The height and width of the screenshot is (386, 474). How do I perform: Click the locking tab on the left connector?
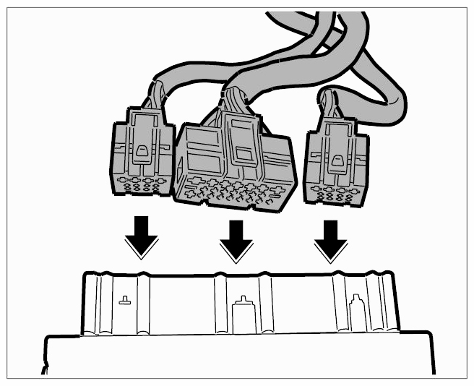pyautogui.click(x=142, y=153)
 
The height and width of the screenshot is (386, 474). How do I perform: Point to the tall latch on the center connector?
pyautogui.click(x=240, y=145)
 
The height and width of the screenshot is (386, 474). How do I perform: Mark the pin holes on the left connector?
pyautogui.click(x=141, y=185)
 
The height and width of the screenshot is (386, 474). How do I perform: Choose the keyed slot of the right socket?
pyautogui.click(x=355, y=311)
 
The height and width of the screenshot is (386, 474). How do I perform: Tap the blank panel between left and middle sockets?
pyautogui.click(x=181, y=304)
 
